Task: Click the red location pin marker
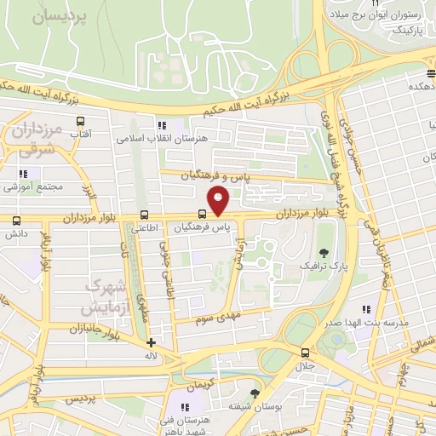pos(220,202)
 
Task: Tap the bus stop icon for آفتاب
pos(81,121)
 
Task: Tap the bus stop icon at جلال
pos(305,352)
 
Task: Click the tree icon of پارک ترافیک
pos(324,252)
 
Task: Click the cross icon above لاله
pos(151,342)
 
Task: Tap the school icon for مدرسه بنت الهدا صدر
pos(366,309)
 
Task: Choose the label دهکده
pos(422,86)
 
